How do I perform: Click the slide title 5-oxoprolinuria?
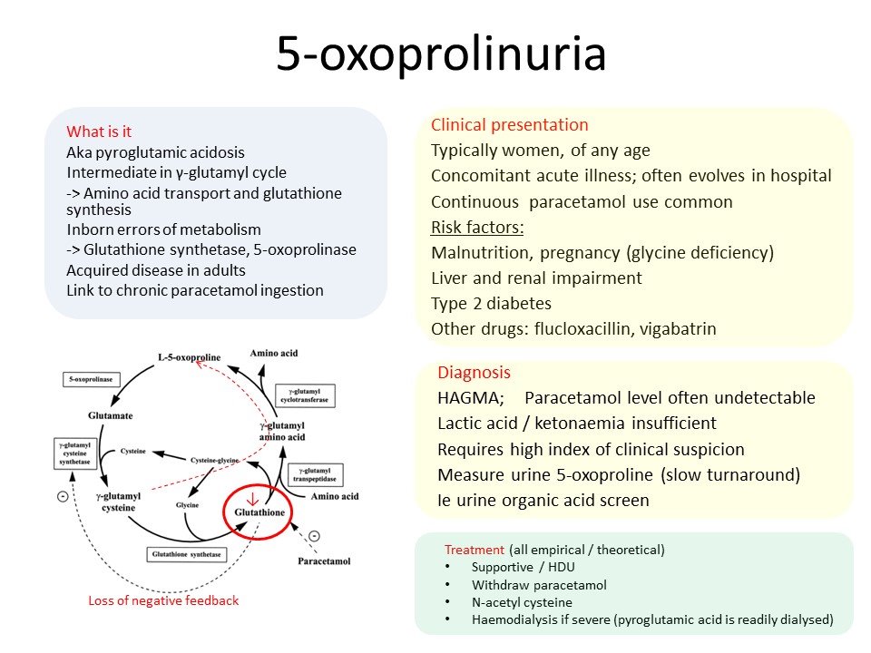(x=441, y=54)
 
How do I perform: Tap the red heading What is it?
(x=100, y=132)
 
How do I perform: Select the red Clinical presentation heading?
(x=509, y=125)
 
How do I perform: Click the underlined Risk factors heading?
(x=477, y=227)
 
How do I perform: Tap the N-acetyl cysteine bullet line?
(x=522, y=602)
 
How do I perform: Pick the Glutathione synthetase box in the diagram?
(x=185, y=554)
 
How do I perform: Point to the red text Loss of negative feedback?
(x=163, y=600)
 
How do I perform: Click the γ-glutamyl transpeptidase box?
(x=315, y=474)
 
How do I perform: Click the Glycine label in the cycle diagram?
(x=187, y=503)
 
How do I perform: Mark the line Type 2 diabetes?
(x=491, y=304)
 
